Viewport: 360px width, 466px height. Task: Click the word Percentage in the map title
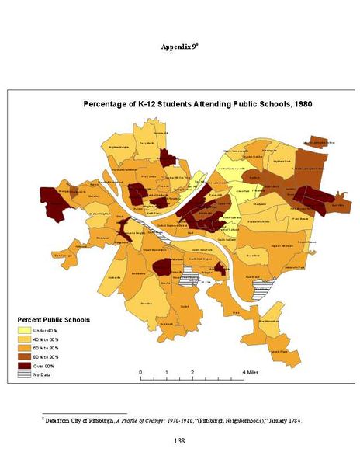coord(109,103)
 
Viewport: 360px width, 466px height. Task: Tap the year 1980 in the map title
coord(299,103)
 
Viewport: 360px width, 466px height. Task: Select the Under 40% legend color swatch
coord(24,330)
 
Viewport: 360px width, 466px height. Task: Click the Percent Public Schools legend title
coord(54,319)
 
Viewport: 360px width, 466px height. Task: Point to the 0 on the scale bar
coord(140,372)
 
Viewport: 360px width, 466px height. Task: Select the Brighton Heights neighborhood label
coord(119,146)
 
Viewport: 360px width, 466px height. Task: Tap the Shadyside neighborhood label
coord(259,204)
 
